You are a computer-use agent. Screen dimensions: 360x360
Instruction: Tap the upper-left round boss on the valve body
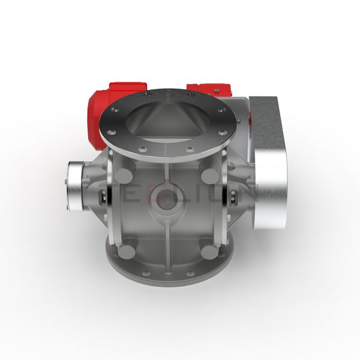(124, 176)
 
